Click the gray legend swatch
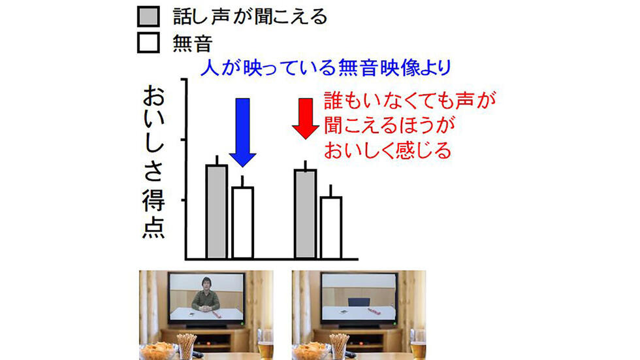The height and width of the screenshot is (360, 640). pos(148,16)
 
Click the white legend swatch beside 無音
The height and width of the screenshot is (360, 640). pos(148,42)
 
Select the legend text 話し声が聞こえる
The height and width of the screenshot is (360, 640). pos(249,17)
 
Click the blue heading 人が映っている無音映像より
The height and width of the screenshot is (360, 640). pos(326,67)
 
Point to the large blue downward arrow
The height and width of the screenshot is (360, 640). pos(243,133)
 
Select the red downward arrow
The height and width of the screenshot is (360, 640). pos(306,118)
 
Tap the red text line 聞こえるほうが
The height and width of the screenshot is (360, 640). pos(389,125)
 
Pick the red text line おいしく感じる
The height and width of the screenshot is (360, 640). pos(387,150)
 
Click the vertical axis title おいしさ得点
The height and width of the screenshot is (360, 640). pos(154,161)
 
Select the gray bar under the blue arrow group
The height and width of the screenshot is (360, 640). pos(217,212)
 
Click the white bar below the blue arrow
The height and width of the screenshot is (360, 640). pos(243,223)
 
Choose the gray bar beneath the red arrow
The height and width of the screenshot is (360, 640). pos(306,214)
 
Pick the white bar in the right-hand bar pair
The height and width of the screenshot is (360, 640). pos(331,228)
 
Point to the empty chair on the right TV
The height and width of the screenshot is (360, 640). pos(359,302)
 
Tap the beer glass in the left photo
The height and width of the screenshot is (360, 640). pos(265,346)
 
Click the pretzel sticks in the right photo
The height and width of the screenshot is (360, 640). pos(339,346)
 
